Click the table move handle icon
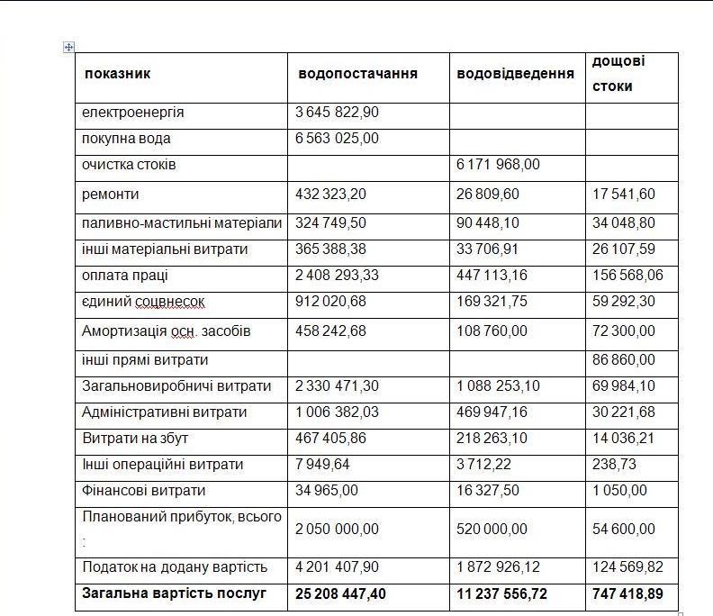[x=69, y=47]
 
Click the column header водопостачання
[x=357, y=74]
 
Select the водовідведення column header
[x=515, y=74]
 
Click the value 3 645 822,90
[x=338, y=113]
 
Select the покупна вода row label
[x=126, y=139]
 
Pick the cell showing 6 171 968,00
[x=499, y=165]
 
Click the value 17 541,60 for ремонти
[x=624, y=194]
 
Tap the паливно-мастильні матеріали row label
[x=181, y=222]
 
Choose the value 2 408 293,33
[x=338, y=275]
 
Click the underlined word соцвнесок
[x=178, y=302]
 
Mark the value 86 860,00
[x=624, y=359]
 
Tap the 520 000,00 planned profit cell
[x=492, y=529]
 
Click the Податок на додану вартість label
[x=174, y=566]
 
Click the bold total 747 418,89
[x=627, y=593]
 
